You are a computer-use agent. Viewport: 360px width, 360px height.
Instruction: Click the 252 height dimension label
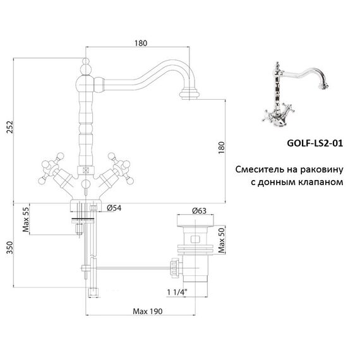click(10, 126)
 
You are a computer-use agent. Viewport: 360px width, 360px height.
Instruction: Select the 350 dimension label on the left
click(10, 248)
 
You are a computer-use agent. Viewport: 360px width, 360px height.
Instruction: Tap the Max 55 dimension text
click(26, 220)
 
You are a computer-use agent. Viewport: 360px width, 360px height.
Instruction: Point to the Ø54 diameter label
click(114, 208)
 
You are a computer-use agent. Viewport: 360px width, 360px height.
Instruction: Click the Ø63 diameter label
click(200, 211)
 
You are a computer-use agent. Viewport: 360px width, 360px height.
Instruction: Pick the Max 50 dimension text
click(221, 241)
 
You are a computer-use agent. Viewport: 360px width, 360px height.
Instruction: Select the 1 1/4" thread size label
click(177, 292)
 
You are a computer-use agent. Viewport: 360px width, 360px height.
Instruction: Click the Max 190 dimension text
click(148, 311)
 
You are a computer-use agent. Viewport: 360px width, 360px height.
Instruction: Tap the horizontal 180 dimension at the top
click(141, 43)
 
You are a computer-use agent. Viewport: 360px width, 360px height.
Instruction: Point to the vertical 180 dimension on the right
click(221, 148)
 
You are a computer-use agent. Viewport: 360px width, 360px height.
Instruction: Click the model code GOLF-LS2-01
click(315, 143)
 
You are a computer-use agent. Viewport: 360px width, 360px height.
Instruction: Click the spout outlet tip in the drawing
click(189, 95)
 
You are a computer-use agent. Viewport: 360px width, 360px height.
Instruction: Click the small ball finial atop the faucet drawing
click(86, 61)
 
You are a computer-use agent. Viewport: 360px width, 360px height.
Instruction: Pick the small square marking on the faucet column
click(86, 171)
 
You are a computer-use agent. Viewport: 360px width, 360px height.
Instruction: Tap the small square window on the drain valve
click(195, 239)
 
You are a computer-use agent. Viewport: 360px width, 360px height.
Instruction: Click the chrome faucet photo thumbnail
click(295, 94)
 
